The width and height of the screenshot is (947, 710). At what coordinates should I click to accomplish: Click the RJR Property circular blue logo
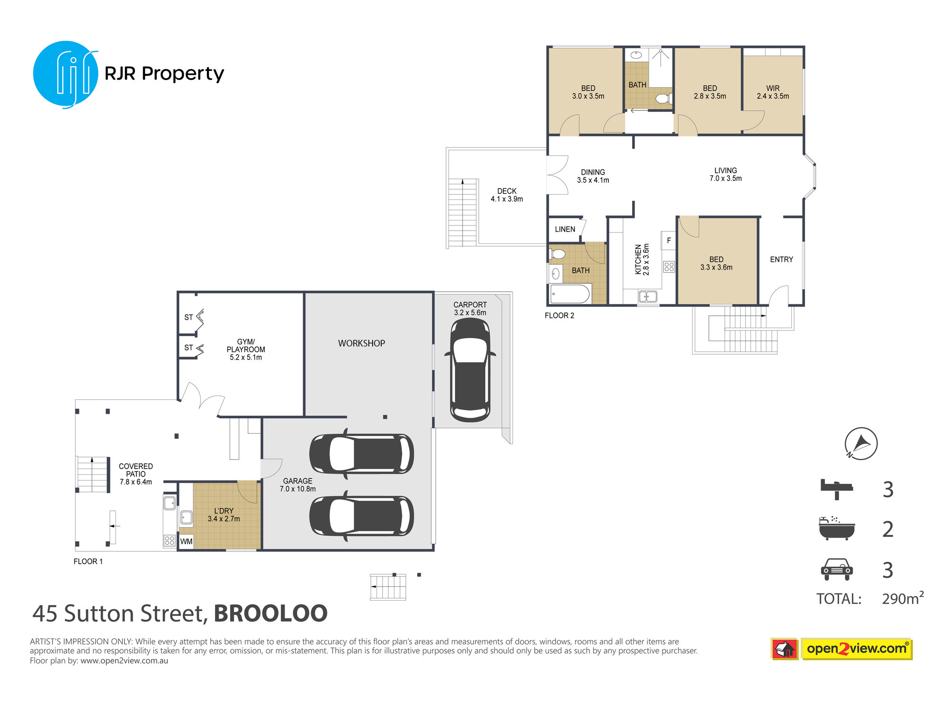pyautogui.click(x=65, y=74)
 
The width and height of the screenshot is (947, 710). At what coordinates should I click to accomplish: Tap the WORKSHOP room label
pyautogui.click(x=361, y=343)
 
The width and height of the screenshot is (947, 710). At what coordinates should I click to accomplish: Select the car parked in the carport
pyautogui.click(x=470, y=370)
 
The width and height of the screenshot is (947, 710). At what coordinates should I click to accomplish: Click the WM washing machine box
pyautogui.click(x=186, y=541)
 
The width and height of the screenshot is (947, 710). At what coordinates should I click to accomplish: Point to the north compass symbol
pyautogui.click(x=861, y=444)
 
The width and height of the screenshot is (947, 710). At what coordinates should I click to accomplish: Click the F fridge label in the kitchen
pyautogui.click(x=669, y=240)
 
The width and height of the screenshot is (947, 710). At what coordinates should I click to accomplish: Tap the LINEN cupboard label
pyautogui.click(x=565, y=229)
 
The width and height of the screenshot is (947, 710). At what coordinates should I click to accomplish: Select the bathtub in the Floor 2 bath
pyautogui.click(x=570, y=294)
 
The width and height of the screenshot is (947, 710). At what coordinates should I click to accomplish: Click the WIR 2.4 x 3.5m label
pyautogui.click(x=773, y=92)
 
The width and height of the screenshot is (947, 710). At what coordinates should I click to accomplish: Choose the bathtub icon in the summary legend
pyautogui.click(x=837, y=528)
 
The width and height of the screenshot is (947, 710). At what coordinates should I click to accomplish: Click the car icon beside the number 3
pyautogui.click(x=837, y=569)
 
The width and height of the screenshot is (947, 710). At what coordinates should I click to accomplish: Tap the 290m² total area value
pyautogui.click(x=902, y=598)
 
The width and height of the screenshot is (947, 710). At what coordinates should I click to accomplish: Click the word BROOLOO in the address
pyautogui.click(x=270, y=613)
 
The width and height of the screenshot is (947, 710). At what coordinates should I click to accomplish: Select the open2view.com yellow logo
pyautogui.click(x=857, y=648)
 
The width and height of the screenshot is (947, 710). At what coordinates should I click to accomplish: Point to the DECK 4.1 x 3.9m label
pyautogui.click(x=507, y=195)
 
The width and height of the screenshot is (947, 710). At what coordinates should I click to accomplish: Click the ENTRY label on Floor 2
pyautogui.click(x=781, y=259)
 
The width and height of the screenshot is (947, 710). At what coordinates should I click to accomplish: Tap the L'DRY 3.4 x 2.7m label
pyautogui.click(x=223, y=515)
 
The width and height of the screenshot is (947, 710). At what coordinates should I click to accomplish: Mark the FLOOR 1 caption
pyautogui.click(x=88, y=561)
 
